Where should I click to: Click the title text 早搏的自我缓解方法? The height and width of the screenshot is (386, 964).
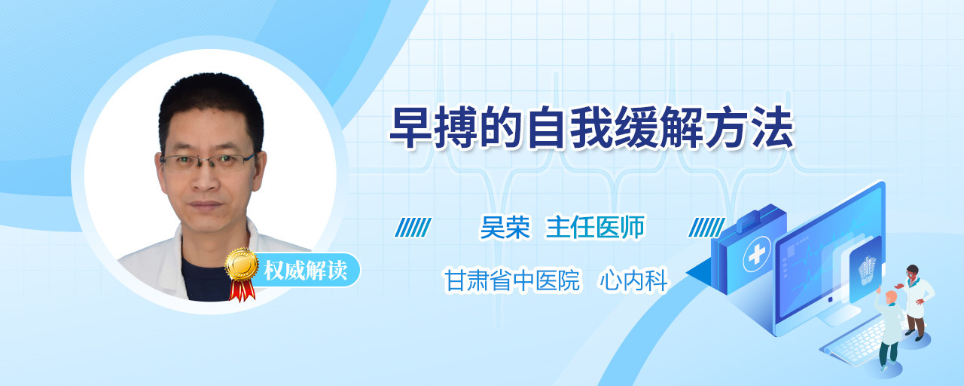pyautogui.click(x=591, y=127)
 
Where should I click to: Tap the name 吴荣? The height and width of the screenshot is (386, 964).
pyautogui.click(x=505, y=227)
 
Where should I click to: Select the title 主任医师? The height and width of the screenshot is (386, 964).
pyautogui.click(x=595, y=227)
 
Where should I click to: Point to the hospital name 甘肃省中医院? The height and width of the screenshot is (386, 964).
pyautogui.click(x=512, y=280)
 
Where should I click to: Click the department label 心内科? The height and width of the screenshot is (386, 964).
pyautogui.click(x=633, y=280)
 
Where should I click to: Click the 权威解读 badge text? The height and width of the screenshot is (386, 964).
pyautogui.click(x=305, y=271)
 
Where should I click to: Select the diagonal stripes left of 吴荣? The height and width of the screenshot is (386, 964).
pyautogui.click(x=413, y=228)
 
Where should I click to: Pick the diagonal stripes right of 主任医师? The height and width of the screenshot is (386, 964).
pyautogui.click(x=706, y=228)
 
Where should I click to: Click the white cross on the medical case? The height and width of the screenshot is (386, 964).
pyautogui.click(x=757, y=255)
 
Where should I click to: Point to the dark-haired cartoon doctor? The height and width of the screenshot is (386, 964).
pyautogui.click(x=916, y=302)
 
